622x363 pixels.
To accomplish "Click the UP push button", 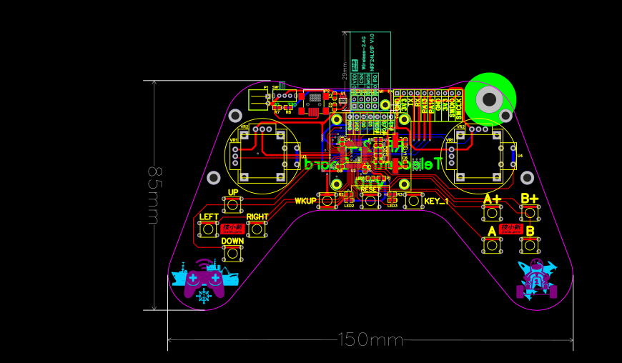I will [232, 206].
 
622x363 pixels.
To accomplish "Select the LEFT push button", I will [208, 229].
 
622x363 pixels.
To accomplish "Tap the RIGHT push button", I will [256, 229].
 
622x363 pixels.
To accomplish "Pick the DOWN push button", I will [232, 254].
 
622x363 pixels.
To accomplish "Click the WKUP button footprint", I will [327, 201].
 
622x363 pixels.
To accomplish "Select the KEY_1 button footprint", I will [413, 201].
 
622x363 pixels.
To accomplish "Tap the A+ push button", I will [492, 213].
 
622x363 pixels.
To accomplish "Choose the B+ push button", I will [530, 212].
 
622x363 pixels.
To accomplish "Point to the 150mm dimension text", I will [370, 340].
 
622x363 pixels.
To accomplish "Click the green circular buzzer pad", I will [490, 99].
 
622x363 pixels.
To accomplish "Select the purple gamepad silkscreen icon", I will [204, 280].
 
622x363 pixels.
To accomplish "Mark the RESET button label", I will [370, 189].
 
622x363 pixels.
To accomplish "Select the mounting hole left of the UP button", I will [213, 177].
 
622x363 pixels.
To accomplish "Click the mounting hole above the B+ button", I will [527, 177].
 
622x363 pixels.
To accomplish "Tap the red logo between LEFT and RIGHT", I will [232, 229].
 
